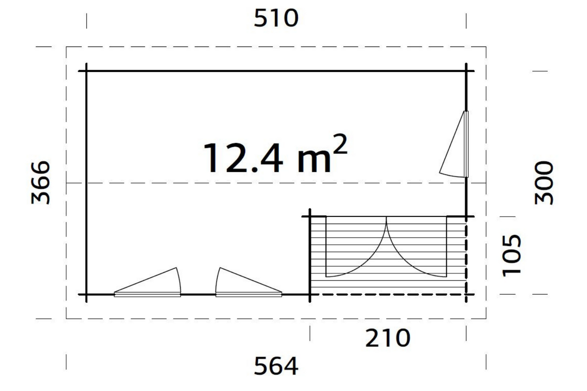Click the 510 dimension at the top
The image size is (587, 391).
coord(276,18)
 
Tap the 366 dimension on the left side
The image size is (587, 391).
coord(40,183)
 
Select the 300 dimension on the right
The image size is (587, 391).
coord(544,183)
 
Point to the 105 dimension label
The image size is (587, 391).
coord(511,255)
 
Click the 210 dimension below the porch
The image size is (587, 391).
coord(388,338)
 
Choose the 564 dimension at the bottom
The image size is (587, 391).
coord(276,366)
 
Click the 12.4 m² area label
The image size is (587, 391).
coord(275,155)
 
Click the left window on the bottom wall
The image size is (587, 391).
coord(147,282)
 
